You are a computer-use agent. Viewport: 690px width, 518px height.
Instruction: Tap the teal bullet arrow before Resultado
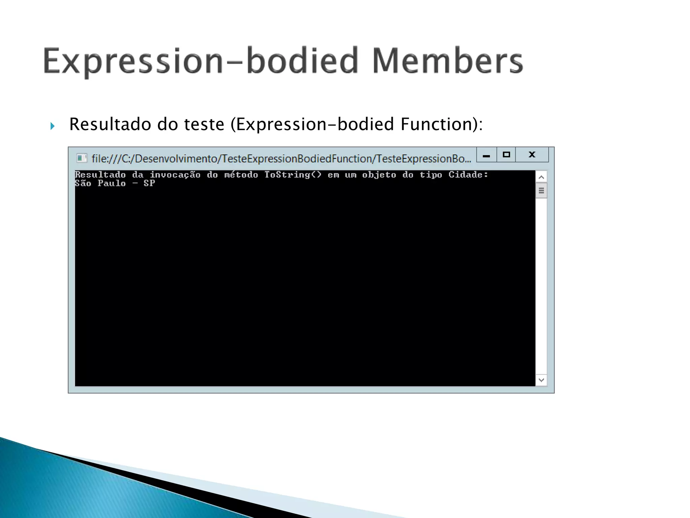(52, 126)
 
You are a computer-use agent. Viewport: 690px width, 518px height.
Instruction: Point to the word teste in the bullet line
(204, 124)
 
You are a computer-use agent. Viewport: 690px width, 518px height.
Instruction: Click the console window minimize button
(486, 155)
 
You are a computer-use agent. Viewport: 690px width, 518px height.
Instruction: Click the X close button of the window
(532, 155)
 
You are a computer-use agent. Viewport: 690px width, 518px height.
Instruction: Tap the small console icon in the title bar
(81, 158)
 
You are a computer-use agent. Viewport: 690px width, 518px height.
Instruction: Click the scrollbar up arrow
(541, 177)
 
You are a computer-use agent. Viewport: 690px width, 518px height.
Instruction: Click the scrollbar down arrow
(541, 380)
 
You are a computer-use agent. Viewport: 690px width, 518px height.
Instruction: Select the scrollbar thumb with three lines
(541, 191)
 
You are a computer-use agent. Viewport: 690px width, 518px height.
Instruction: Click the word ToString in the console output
(287, 175)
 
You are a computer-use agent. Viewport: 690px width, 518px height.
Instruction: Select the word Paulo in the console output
(112, 183)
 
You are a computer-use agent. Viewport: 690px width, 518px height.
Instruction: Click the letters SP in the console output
(149, 183)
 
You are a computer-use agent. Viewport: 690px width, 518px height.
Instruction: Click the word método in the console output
(241, 175)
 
